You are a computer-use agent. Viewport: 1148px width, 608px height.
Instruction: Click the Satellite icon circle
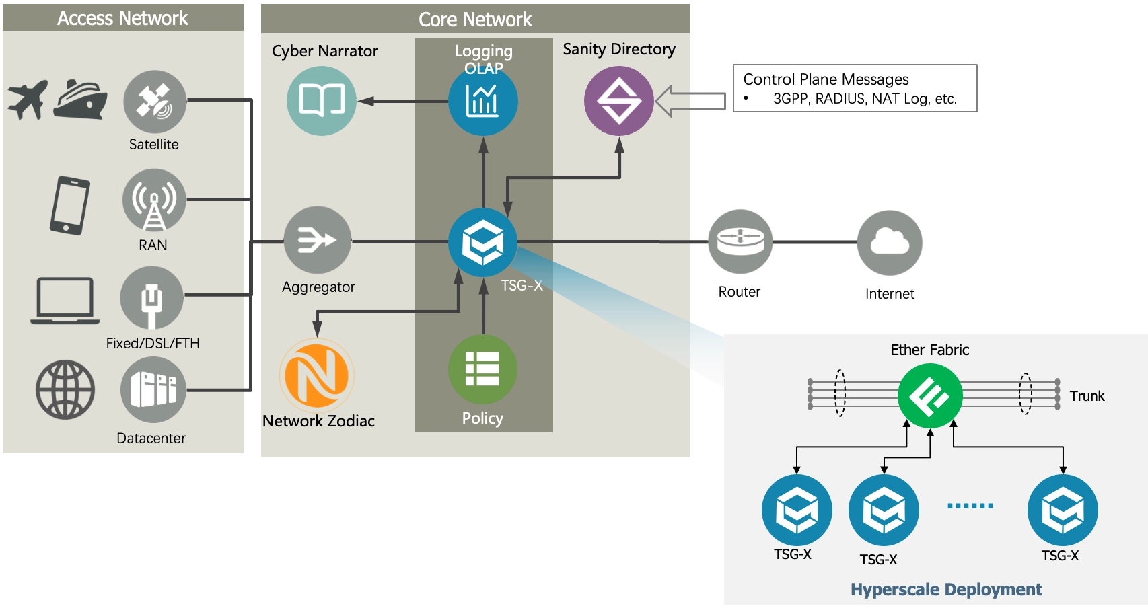pyautogui.click(x=155, y=102)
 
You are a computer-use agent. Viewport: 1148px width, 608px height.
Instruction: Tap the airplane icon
pyautogui.click(x=28, y=100)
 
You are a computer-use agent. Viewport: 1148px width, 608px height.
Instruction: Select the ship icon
pyautogui.click(x=81, y=100)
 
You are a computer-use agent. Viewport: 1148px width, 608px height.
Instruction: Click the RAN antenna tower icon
pyautogui.click(x=154, y=200)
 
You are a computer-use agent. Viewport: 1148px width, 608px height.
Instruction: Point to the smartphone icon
pyautogui.click(x=69, y=205)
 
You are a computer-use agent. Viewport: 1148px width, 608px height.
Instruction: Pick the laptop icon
pyautogui.click(x=65, y=301)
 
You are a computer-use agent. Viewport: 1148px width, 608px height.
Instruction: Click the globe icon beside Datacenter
pyautogui.click(x=65, y=389)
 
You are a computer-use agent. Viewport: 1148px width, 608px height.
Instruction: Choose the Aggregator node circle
pyautogui.click(x=317, y=240)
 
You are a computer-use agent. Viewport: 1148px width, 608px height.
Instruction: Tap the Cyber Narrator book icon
pyautogui.click(x=322, y=101)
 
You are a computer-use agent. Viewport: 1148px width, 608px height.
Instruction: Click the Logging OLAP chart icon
pyautogui.click(x=482, y=102)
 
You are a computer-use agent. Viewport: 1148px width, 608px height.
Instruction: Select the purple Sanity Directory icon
pyautogui.click(x=618, y=101)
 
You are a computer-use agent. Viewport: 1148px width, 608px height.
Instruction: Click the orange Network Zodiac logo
pyautogui.click(x=317, y=375)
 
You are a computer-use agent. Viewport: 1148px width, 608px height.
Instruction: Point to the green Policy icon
pyautogui.click(x=482, y=369)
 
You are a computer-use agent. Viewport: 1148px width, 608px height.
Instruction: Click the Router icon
pyautogui.click(x=740, y=241)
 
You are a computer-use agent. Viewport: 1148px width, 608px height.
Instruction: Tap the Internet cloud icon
pyautogui.click(x=890, y=242)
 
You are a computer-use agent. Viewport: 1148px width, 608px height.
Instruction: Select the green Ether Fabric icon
pyautogui.click(x=930, y=395)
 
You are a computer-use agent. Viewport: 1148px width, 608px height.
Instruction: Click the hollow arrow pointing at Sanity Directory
pyautogui.click(x=690, y=102)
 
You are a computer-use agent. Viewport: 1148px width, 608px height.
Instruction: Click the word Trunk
pyautogui.click(x=1087, y=396)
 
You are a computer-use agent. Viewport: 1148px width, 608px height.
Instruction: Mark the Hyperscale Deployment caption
pyautogui.click(x=946, y=590)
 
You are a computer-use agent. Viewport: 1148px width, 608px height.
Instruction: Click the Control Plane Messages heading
pyautogui.click(x=826, y=79)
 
